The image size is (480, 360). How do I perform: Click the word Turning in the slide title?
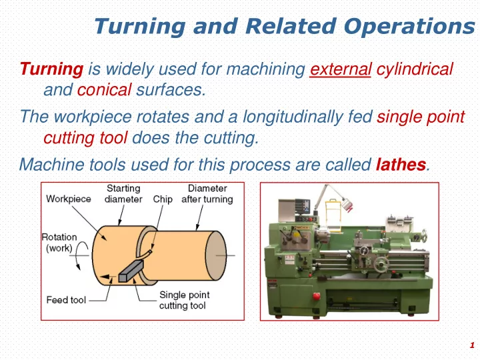click(x=140, y=26)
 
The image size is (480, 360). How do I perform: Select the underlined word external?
click(x=341, y=69)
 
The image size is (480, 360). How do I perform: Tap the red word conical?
click(x=104, y=90)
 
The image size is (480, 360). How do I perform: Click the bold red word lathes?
click(x=401, y=165)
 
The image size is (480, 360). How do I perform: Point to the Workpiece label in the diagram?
click(x=69, y=199)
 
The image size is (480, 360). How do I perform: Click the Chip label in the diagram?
click(x=163, y=199)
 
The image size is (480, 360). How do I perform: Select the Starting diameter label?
click(x=123, y=194)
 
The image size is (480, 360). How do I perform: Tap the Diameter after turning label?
click(x=207, y=194)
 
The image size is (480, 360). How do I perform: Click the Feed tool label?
click(x=66, y=300)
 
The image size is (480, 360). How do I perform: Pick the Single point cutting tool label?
click(x=184, y=300)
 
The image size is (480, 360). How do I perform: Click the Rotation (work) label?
click(x=59, y=243)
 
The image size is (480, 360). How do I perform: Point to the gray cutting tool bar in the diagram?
click(x=131, y=271)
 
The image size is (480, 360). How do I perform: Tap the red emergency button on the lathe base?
click(x=317, y=296)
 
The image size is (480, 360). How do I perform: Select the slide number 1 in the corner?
click(x=472, y=345)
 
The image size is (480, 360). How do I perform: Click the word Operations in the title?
click(x=409, y=26)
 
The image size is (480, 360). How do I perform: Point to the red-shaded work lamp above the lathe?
click(x=347, y=205)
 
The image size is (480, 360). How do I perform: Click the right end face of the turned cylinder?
click(x=216, y=255)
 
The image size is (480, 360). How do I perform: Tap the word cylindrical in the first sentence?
click(x=415, y=69)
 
